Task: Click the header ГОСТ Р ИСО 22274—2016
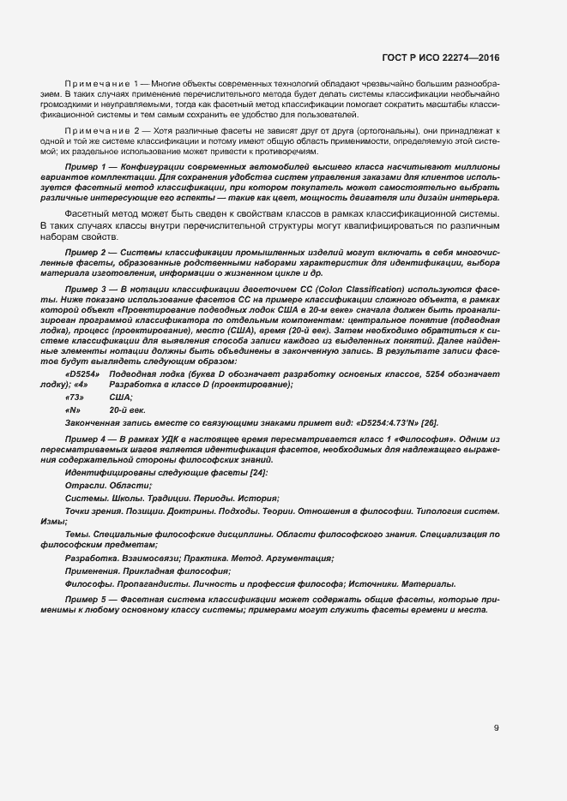440,58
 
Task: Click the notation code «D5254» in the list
82,374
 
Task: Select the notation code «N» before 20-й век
73,410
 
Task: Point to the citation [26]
429,422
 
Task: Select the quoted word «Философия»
429,439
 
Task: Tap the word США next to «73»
121,398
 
